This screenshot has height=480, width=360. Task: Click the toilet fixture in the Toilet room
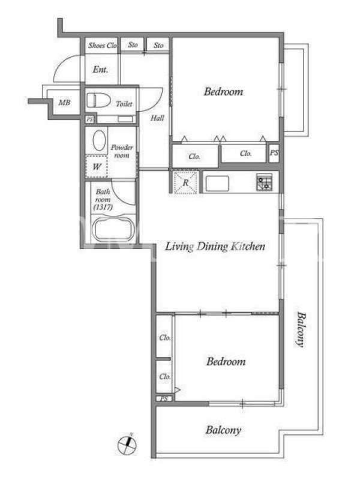[98, 100]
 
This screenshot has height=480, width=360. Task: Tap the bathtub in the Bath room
[113, 229]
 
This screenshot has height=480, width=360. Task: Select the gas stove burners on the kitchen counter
[264, 182]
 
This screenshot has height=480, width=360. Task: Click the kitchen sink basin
[217, 184]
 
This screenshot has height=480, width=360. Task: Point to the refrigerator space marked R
[185, 182]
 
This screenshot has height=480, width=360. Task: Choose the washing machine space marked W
[97, 167]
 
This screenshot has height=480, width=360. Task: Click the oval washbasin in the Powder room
[99, 140]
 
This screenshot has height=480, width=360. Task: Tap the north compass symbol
[127, 445]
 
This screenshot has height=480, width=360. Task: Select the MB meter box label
[64, 103]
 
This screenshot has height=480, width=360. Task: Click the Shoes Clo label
[102, 46]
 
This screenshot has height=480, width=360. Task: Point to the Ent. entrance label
[100, 70]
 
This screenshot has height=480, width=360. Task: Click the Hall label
[157, 118]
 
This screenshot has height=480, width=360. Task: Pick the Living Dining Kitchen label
[215, 247]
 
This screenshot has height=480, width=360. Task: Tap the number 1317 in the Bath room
[103, 207]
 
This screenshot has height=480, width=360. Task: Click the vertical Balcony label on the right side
[301, 329]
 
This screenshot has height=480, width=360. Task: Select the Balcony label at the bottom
[223, 430]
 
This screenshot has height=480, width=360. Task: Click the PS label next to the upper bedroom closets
[274, 152]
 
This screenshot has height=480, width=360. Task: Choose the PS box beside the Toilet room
[89, 119]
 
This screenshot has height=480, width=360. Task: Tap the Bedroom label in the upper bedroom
[223, 92]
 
